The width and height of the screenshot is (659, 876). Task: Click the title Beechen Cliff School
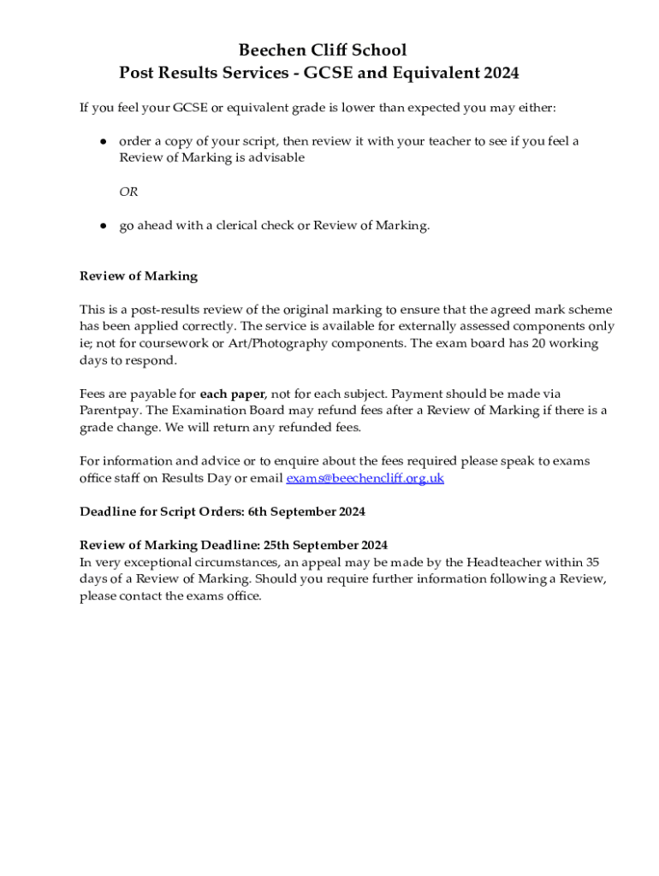(x=322, y=50)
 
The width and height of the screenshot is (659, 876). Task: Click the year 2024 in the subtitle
(x=501, y=74)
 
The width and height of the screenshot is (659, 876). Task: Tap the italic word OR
(x=128, y=192)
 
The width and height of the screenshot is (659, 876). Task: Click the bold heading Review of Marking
(x=139, y=276)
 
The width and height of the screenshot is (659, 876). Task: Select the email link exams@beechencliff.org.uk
(x=365, y=478)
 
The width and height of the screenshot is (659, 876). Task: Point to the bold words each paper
(x=232, y=394)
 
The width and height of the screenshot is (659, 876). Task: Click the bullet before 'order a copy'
(x=102, y=142)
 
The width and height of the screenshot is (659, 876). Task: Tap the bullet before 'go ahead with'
(x=102, y=226)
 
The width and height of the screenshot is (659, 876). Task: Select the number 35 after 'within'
(x=591, y=562)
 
